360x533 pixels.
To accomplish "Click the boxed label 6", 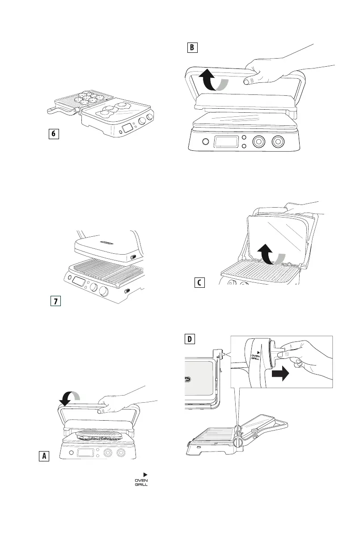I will coord(54,134).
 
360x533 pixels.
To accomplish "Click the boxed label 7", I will coord(55,301).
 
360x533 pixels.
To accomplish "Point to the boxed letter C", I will coord(200,283).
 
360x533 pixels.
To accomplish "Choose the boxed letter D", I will coord(191,340).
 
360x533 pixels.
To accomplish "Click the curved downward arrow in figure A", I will coord(69,395).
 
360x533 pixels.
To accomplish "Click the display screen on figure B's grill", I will coord(227,141).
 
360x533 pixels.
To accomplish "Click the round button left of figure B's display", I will coord(205,142).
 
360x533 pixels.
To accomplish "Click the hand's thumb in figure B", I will coord(246,81).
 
